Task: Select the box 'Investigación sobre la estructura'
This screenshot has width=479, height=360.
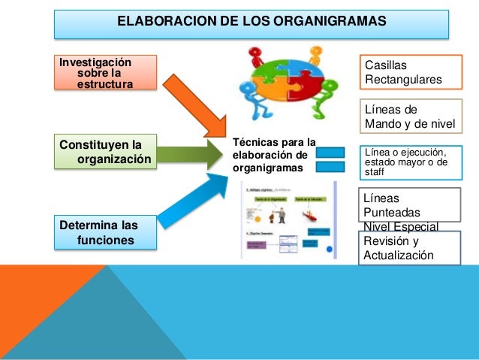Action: pyautogui.click(x=105, y=72)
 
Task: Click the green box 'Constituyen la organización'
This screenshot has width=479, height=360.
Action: pyautogui.click(x=105, y=151)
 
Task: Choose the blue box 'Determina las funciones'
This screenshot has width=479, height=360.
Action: pyautogui.click(x=105, y=231)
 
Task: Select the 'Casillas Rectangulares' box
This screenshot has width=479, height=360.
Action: pyautogui.click(x=411, y=72)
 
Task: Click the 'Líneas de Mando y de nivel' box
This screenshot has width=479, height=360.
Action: pyautogui.click(x=411, y=116)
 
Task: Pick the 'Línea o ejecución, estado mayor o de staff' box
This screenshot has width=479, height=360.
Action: pyautogui.click(x=411, y=160)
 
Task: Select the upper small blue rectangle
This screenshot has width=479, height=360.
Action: pyautogui.click(x=330, y=153)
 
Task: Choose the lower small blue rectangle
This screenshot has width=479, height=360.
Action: pyautogui.click(x=330, y=167)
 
